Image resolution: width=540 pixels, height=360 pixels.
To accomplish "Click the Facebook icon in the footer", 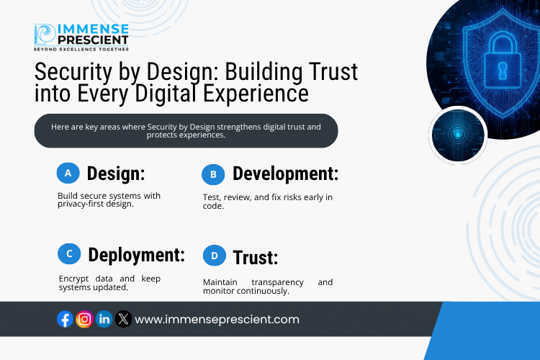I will click(65, 319).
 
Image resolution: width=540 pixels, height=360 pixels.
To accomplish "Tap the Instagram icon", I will click(84, 319).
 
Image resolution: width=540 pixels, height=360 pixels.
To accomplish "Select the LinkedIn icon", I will click(104, 319).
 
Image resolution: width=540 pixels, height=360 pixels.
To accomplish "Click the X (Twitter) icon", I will click(123, 319).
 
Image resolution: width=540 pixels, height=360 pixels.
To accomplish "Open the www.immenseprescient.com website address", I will click(217, 319).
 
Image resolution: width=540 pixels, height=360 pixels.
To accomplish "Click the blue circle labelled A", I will click(68, 173).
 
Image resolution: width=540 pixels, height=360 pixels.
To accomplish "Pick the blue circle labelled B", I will click(213, 174).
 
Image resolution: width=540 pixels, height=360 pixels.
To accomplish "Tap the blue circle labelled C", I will click(68, 253).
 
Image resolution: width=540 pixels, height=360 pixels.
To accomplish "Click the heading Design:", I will click(116, 174).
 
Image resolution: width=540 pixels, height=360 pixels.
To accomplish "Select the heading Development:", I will click(285, 174).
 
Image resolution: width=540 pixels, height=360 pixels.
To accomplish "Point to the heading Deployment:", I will click(136, 255).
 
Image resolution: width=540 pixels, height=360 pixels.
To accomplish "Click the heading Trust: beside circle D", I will click(255, 257).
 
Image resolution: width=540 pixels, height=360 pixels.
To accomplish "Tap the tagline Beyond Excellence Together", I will click(81, 50).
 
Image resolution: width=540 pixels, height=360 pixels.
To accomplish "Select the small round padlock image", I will click(458, 134).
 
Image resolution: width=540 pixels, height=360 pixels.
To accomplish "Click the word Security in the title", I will click(76, 73).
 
